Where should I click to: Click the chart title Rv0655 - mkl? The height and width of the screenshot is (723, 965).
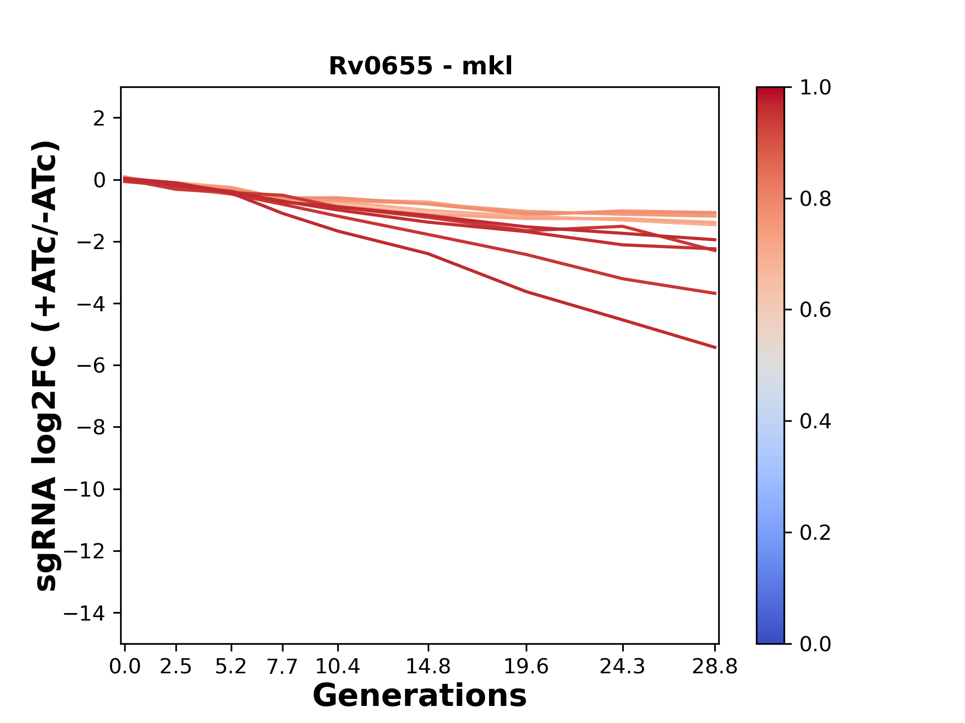(x=420, y=66)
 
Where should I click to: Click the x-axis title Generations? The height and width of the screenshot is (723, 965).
(x=420, y=695)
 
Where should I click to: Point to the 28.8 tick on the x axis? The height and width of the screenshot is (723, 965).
(x=715, y=667)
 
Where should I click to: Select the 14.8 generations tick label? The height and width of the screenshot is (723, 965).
(x=428, y=667)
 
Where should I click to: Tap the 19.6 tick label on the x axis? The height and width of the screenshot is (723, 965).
(x=526, y=667)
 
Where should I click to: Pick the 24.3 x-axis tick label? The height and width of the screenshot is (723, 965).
(x=623, y=667)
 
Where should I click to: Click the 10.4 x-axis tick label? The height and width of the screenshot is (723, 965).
(x=337, y=667)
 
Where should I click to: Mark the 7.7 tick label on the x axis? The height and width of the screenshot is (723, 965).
(x=282, y=667)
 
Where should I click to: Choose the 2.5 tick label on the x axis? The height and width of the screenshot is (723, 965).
(x=176, y=667)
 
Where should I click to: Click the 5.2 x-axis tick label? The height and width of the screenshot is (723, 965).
(x=231, y=667)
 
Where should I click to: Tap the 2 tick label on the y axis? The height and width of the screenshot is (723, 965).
(x=99, y=118)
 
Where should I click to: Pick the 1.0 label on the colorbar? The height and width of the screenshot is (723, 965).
(x=815, y=88)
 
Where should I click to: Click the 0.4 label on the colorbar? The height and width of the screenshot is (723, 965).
(x=815, y=421)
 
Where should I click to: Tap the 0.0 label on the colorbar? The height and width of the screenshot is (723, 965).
(x=815, y=644)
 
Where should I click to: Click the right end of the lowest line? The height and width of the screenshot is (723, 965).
(x=715, y=347)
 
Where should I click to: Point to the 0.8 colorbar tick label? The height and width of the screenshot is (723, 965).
(x=815, y=199)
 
